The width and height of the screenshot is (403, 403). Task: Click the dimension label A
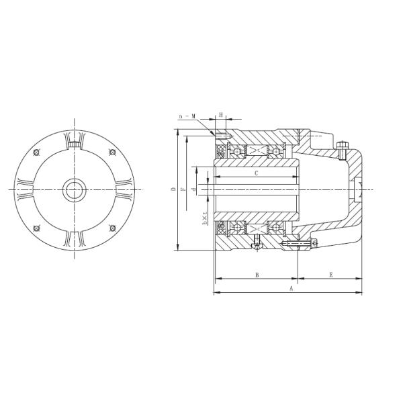point(291,289)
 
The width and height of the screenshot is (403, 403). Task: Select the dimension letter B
point(257,275)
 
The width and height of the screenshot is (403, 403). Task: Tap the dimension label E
point(330,275)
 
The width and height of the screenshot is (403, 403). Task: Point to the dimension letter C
point(257,173)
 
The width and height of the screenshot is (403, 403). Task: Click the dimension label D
point(174,190)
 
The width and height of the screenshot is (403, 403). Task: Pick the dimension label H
point(222,116)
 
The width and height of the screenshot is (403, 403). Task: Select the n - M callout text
point(188,116)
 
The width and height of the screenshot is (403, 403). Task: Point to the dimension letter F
point(184,190)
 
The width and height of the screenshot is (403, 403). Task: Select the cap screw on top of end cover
point(344,146)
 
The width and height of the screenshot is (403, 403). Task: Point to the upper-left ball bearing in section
point(238,152)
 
